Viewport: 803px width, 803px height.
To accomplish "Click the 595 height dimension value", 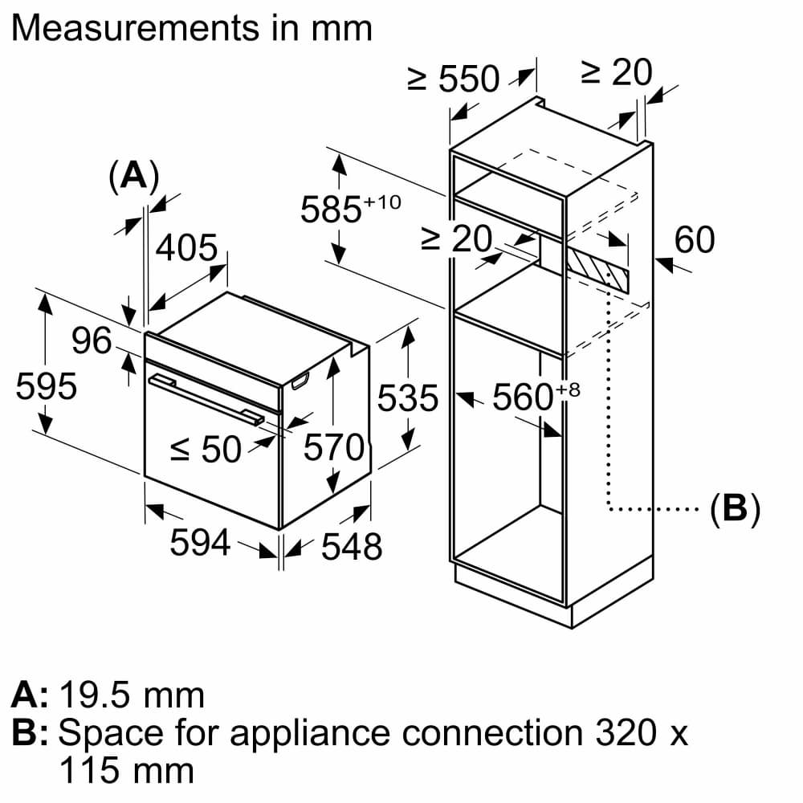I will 47,387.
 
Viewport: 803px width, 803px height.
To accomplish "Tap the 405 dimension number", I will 186,249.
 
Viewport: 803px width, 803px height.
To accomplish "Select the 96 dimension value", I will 92,341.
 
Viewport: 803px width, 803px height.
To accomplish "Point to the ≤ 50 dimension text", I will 206,450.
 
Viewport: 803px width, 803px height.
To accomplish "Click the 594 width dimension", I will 201,543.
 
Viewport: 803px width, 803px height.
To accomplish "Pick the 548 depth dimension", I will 352,547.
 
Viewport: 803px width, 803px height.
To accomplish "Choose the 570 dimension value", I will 333,448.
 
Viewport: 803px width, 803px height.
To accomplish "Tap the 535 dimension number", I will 408,398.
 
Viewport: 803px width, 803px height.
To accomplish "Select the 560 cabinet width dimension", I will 527,397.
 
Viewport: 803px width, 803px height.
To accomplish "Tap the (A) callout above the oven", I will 133,176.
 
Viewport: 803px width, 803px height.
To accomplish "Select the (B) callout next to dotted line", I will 735,508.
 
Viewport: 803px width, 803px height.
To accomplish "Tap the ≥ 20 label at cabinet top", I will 617,73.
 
